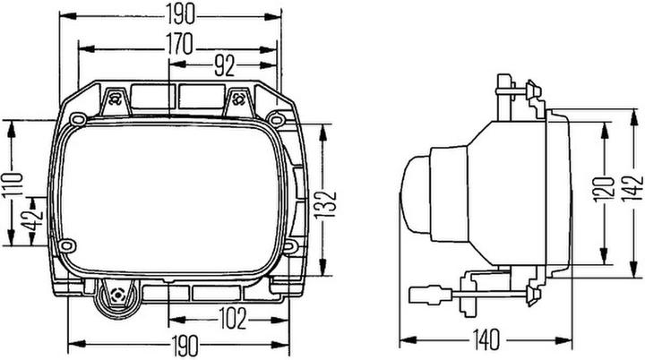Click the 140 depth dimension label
pyautogui.click(x=486, y=339)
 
